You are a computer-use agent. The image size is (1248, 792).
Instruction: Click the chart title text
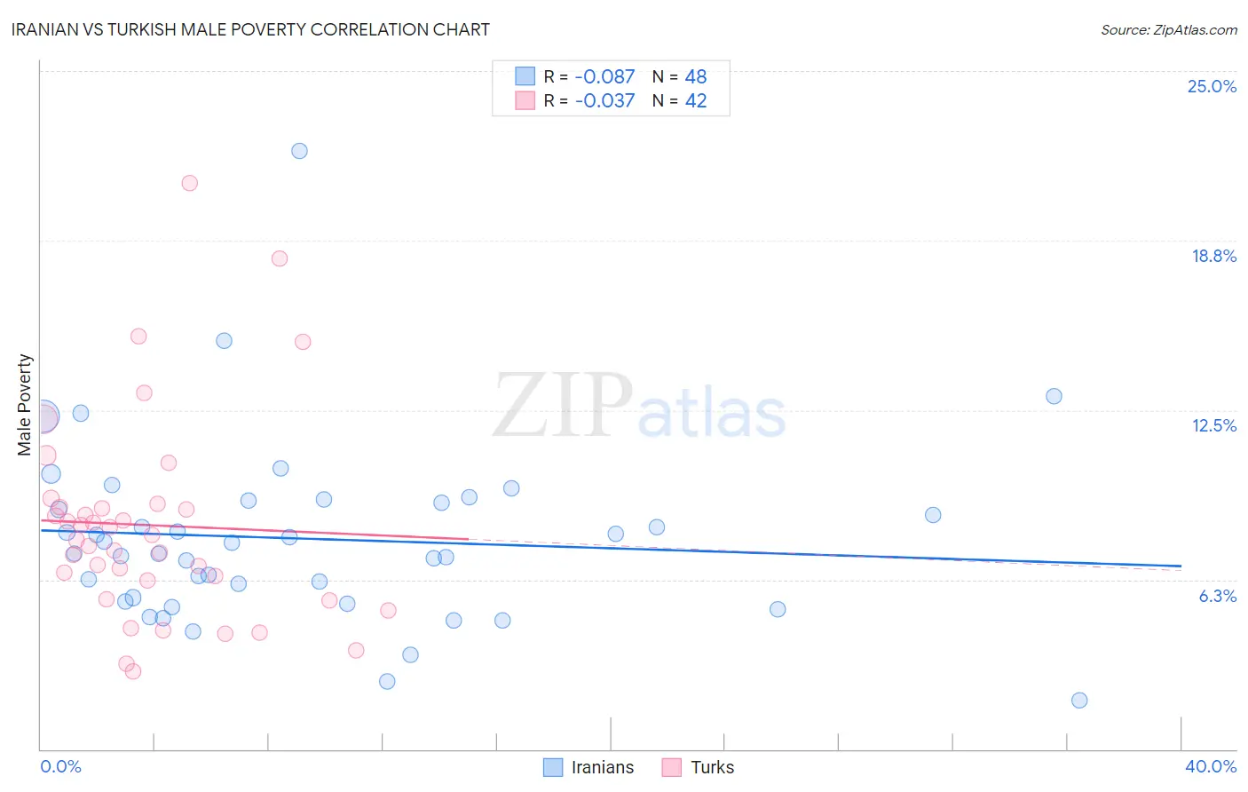[x=250, y=29]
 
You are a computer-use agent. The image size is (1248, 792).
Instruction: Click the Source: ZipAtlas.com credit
[x=1168, y=29]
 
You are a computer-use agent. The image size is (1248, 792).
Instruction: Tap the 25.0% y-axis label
[x=1212, y=86]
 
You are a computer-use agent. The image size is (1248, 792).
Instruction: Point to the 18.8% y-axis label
[x=1213, y=256]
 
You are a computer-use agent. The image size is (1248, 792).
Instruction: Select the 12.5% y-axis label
[x=1213, y=425]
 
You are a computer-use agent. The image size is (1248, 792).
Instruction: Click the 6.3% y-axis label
[x=1217, y=596]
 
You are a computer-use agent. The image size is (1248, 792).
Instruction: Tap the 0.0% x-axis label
[x=60, y=766]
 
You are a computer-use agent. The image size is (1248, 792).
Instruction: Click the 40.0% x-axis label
[x=1210, y=766]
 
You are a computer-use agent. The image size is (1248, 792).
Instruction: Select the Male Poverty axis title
[x=25, y=405]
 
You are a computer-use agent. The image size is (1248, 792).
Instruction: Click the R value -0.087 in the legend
[x=604, y=76]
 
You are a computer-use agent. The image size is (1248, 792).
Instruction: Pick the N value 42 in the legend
[x=696, y=101]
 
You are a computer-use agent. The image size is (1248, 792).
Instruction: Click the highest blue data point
[x=299, y=151]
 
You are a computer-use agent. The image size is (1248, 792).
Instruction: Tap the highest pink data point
[x=189, y=183]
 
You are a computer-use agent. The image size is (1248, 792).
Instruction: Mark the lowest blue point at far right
[x=1079, y=700]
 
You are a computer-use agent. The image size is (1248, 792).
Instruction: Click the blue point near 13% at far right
[x=1054, y=396]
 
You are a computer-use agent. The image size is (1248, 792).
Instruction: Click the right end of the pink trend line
[x=468, y=539]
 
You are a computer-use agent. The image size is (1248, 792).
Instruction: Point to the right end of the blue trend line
[x=1181, y=566]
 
